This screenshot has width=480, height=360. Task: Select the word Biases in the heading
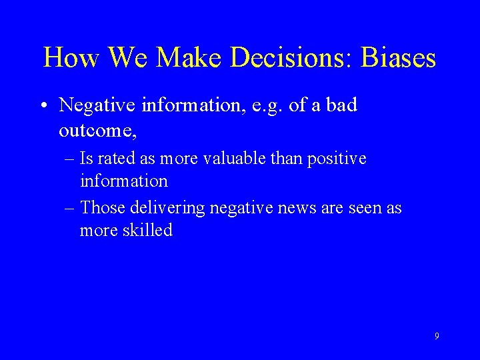click(399, 59)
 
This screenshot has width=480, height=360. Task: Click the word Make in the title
click(198, 59)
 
